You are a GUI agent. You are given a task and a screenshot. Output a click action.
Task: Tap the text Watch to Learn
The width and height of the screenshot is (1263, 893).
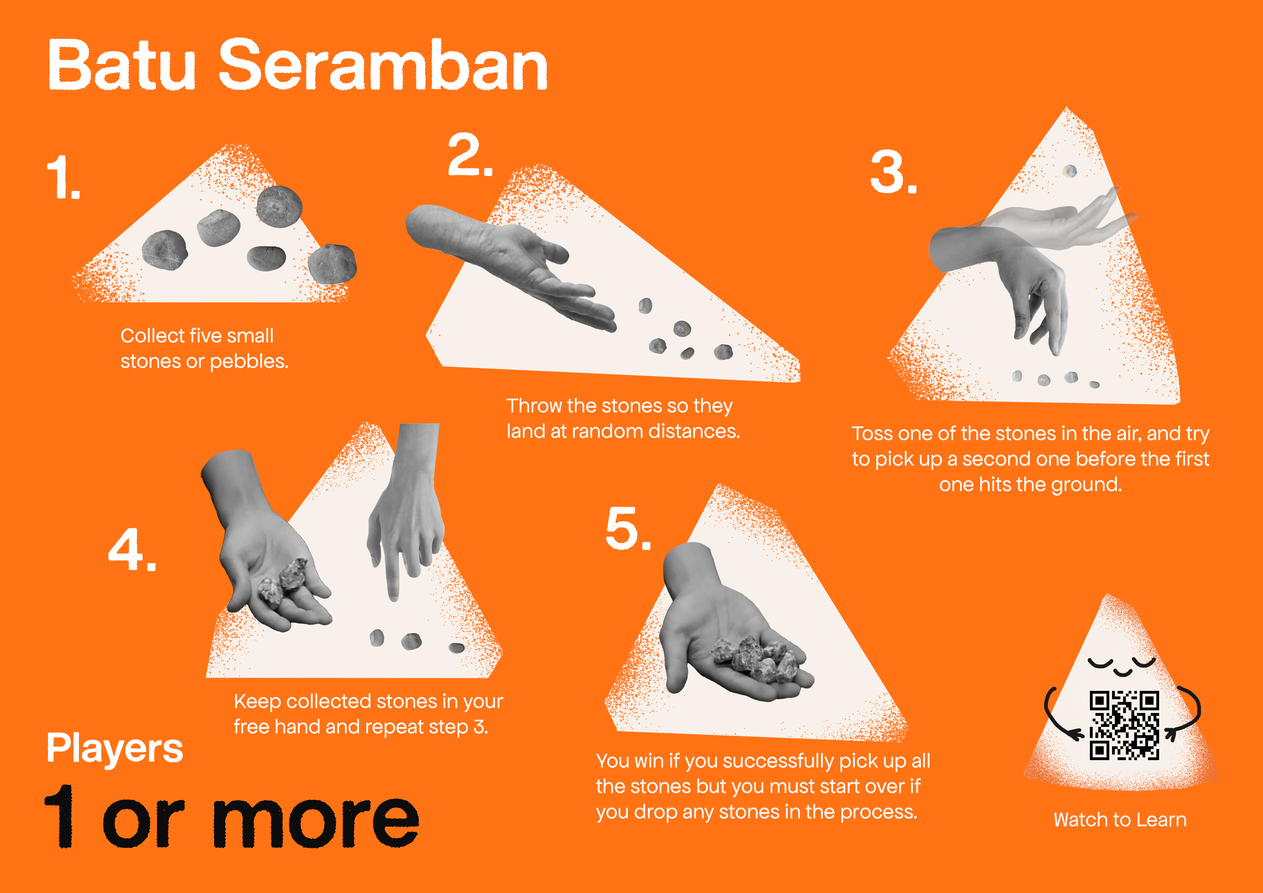tap(1120, 820)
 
